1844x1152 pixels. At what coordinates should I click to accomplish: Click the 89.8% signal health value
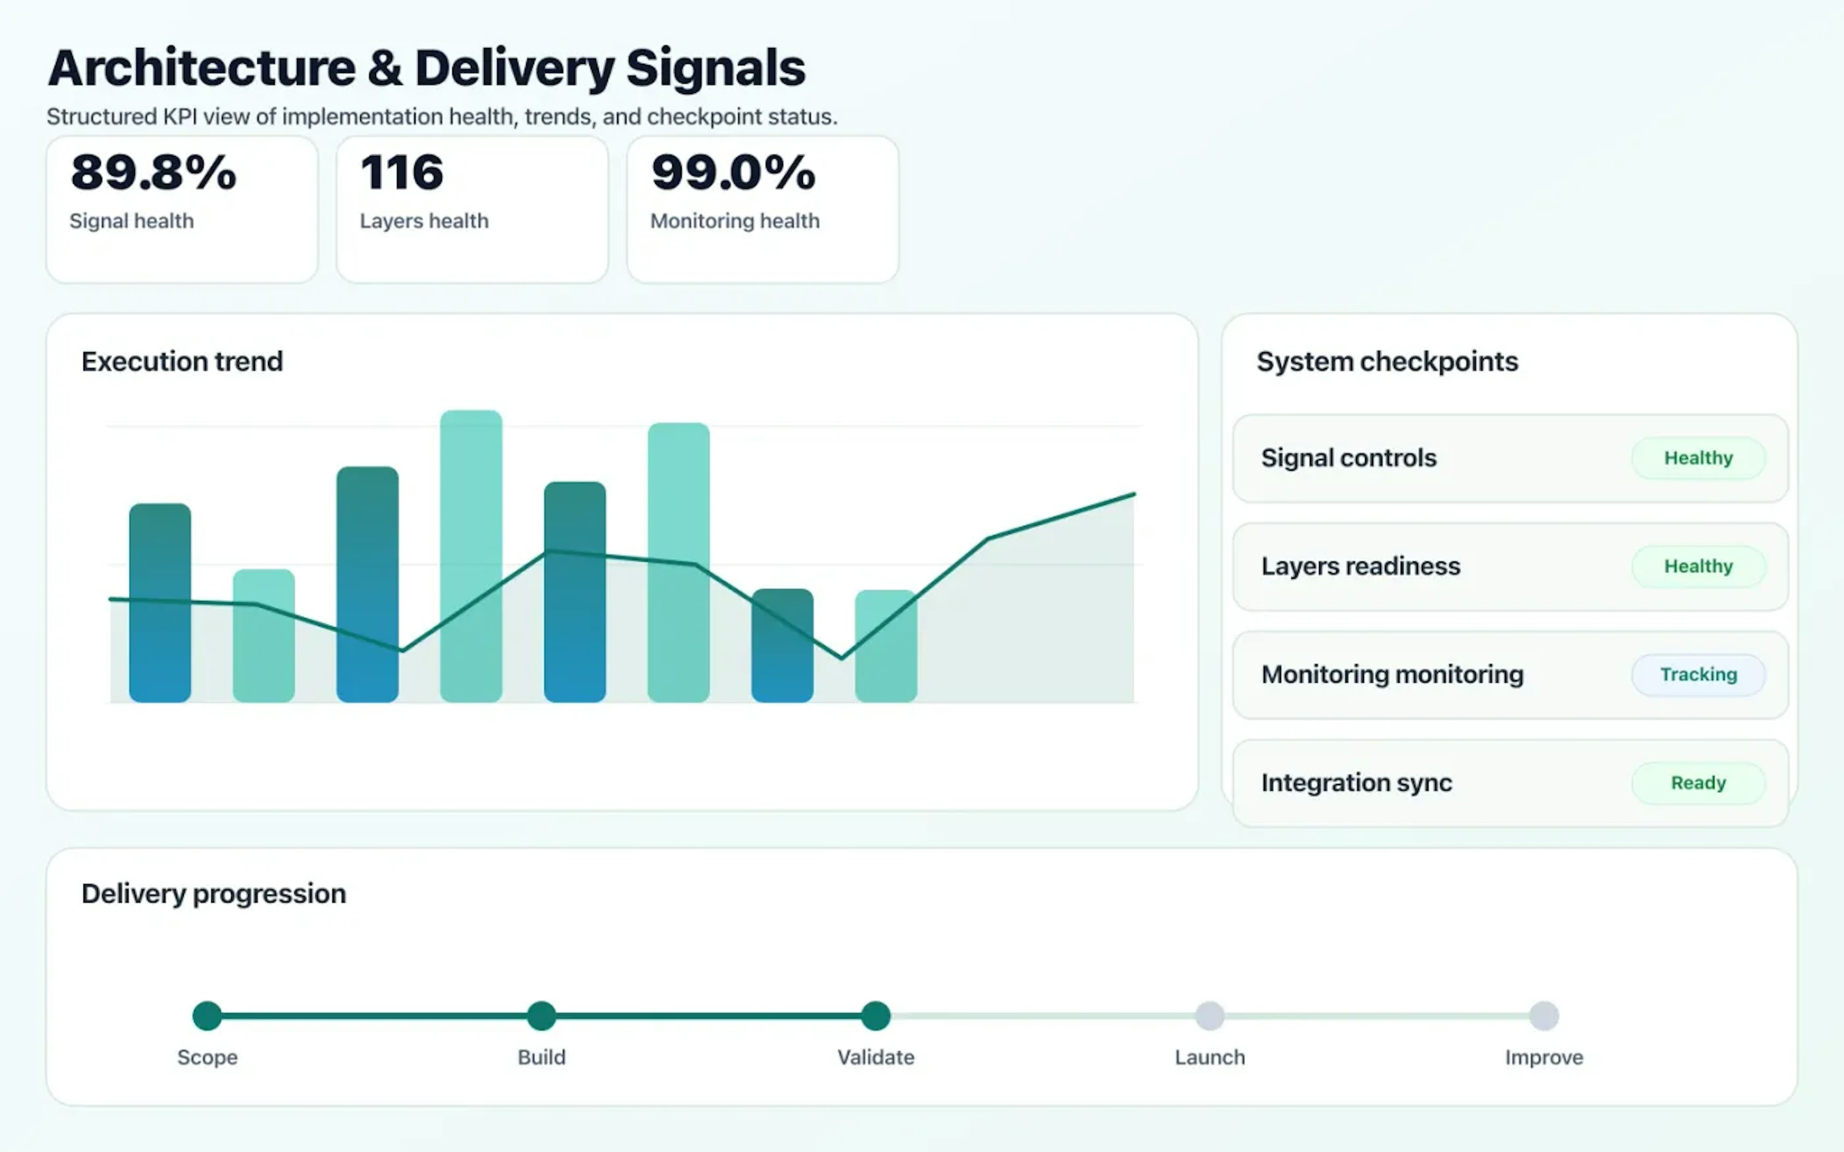point(153,172)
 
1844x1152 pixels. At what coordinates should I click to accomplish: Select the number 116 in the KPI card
point(401,172)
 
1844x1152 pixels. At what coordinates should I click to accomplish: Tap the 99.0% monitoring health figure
point(733,172)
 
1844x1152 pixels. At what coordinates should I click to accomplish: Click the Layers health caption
point(424,221)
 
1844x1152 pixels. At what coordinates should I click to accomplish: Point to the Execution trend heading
point(182,361)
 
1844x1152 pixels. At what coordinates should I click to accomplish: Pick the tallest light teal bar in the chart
point(471,556)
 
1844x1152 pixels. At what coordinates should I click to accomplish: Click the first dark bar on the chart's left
point(160,602)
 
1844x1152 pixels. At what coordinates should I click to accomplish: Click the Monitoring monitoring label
point(1392,674)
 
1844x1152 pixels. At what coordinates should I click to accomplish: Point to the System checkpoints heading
point(1387,361)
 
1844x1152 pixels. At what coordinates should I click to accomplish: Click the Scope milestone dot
point(207,1016)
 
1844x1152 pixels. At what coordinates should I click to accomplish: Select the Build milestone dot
point(542,1016)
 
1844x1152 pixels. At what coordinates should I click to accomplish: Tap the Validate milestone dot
point(875,1016)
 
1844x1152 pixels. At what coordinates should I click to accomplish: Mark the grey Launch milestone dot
point(1209,1016)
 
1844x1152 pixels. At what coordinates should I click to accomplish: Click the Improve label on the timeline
point(1544,1057)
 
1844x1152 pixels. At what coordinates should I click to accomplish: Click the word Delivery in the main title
point(514,69)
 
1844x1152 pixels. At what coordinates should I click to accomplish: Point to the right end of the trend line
point(1134,494)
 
